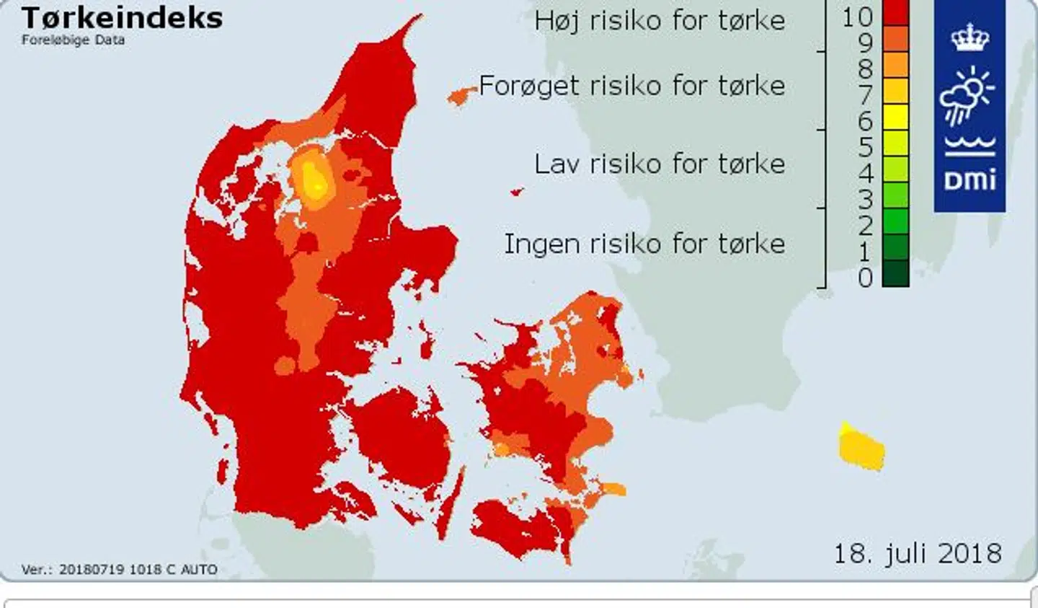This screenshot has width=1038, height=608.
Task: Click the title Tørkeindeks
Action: (x=122, y=17)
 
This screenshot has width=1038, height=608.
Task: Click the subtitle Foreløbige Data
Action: (x=73, y=40)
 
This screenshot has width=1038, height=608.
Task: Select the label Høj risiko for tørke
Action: (x=659, y=20)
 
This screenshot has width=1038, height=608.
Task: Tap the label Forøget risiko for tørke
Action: (x=631, y=86)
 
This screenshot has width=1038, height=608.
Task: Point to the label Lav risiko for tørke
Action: (x=659, y=164)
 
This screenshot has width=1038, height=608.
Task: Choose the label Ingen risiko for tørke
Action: (x=644, y=244)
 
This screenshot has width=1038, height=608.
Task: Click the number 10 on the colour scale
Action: (x=857, y=16)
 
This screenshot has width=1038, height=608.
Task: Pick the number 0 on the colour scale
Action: (x=865, y=278)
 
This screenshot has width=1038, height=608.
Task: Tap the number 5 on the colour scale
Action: (x=865, y=148)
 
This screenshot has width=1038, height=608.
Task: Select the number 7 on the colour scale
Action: (x=865, y=95)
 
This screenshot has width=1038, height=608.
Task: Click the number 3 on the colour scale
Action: (x=865, y=200)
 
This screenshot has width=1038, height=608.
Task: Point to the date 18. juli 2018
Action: (x=917, y=554)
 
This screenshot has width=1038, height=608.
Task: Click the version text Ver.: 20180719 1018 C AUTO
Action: (x=119, y=570)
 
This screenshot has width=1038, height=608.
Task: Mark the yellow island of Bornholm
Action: (x=862, y=449)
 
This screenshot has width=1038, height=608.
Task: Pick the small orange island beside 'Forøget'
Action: (x=461, y=95)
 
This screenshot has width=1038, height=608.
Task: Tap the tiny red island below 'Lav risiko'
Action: (x=516, y=192)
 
